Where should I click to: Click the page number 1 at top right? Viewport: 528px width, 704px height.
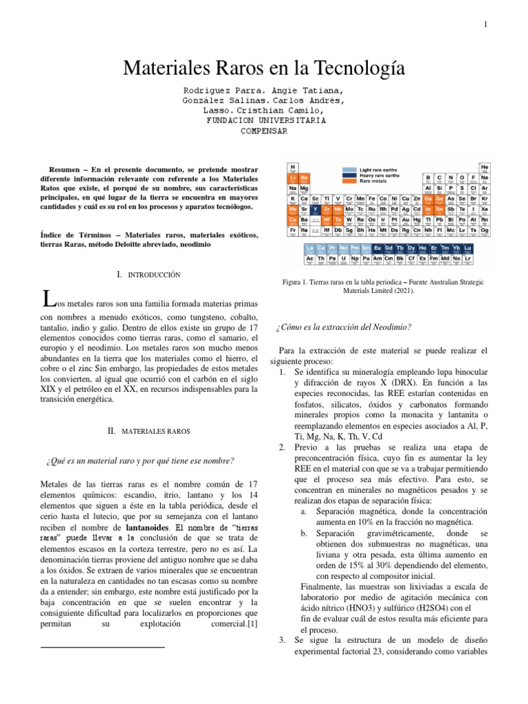485,25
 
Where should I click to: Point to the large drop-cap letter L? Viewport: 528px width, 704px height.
47,300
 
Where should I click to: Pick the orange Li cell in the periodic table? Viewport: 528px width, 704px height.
293,177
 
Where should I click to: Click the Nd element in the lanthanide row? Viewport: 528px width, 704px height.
344,247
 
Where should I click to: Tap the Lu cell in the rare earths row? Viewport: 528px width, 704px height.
468,247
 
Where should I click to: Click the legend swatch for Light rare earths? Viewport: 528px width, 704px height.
350,169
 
